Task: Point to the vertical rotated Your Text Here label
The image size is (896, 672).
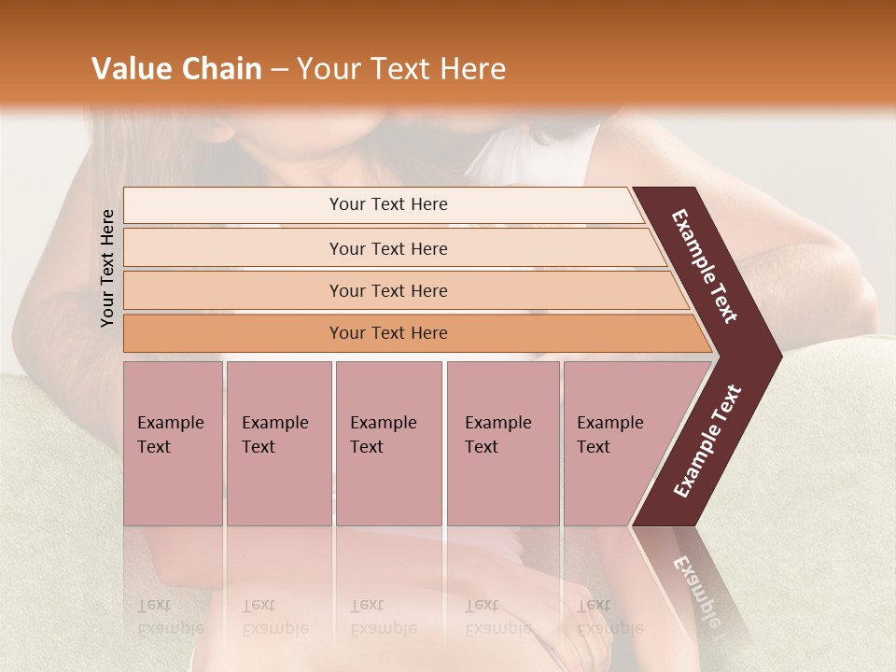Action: point(107,268)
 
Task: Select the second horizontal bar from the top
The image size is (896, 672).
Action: point(388,248)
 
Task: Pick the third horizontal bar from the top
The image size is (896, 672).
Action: point(388,290)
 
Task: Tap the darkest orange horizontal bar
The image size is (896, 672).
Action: point(388,333)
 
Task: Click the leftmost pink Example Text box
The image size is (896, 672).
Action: point(173,443)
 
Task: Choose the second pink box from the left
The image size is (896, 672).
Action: point(278,443)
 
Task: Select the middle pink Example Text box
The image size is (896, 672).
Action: point(388,443)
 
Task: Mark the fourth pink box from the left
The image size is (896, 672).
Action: point(502,443)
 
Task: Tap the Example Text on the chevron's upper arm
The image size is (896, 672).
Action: point(706,265)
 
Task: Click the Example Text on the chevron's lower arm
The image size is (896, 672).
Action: point(707,441)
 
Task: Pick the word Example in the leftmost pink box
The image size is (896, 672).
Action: point(170,423)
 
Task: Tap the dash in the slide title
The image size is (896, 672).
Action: point(279,70)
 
